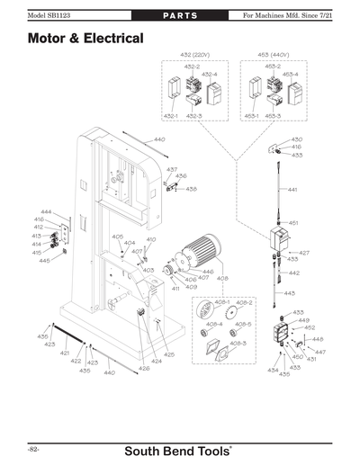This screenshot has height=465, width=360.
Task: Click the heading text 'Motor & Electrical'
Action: click(x=85, y=40)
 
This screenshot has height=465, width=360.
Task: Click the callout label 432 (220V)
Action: click(x=193, y=56)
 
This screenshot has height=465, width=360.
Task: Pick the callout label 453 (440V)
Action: click(x=274, y=56)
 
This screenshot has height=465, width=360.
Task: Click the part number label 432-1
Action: click(x=171, y=117)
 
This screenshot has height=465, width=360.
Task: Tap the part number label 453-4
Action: click(x=290, y=76)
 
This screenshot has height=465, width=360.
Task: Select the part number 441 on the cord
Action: click(x=292, y=191)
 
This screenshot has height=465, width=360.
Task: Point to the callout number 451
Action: click(x=293, y=222)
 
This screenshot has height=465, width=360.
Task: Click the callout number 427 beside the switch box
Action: click(x=304, y=253)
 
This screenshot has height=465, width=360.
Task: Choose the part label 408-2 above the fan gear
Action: click(x=244, y=302)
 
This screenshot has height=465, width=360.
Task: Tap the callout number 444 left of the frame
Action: click(x=45, y=211)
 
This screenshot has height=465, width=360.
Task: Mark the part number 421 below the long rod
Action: click(x=64, y=353)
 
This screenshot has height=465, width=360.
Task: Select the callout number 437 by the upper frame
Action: click(x=171, y=169)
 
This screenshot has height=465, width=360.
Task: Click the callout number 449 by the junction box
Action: click(x=303, y=320)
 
